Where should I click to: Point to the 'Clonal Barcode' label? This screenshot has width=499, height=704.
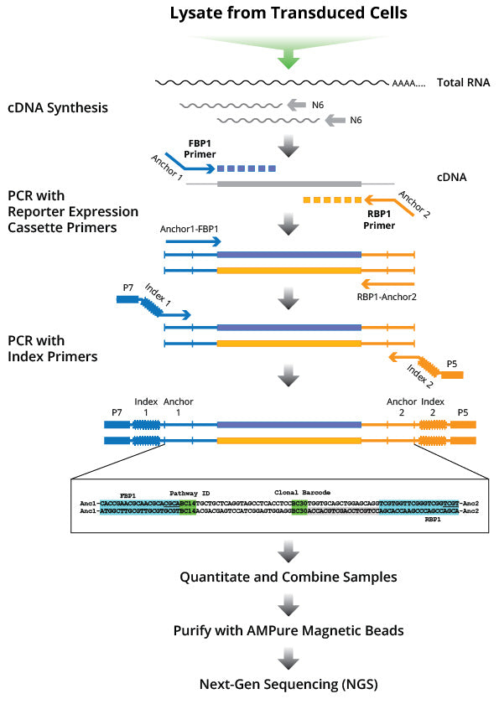(299, 492)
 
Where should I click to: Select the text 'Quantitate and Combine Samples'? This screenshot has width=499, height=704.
(288, 577)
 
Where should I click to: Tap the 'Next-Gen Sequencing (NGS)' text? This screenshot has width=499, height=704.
(288, 684)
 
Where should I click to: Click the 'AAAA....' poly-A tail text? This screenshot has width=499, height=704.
(408, 84)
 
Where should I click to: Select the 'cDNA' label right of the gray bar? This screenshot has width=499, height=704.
(452, 178)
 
